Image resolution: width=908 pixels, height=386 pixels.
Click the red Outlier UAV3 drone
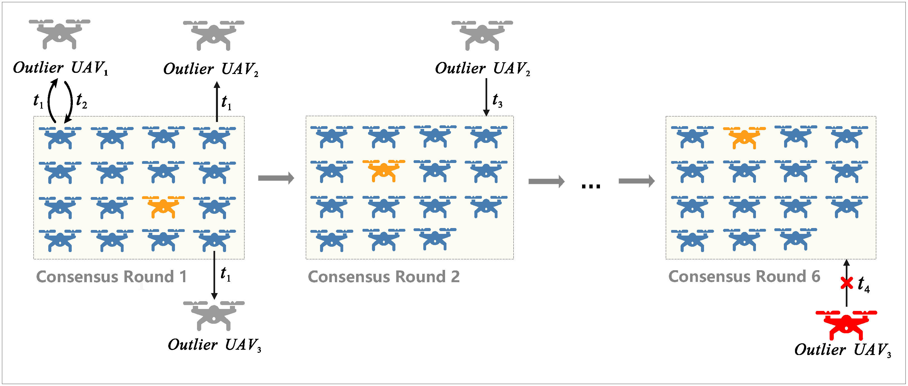pos(846,324)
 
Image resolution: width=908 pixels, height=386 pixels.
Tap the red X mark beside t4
pos(847,283)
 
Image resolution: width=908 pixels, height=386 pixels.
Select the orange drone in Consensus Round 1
pos(163,207)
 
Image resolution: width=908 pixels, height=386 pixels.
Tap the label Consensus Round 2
pos(383,277)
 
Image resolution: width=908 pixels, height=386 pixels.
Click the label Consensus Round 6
pos(744,277)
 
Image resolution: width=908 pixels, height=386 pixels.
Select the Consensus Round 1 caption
pos(111,277)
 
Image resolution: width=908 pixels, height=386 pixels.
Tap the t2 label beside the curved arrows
pos(81,101)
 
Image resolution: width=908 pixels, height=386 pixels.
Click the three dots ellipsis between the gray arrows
pos(591,186)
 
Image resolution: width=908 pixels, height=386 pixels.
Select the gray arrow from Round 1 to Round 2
pos(276,178)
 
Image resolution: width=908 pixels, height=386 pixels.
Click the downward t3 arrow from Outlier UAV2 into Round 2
pos(486,97)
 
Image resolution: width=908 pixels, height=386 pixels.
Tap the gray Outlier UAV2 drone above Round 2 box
pos(482,35)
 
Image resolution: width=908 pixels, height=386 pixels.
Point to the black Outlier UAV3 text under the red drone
pos(842,350)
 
